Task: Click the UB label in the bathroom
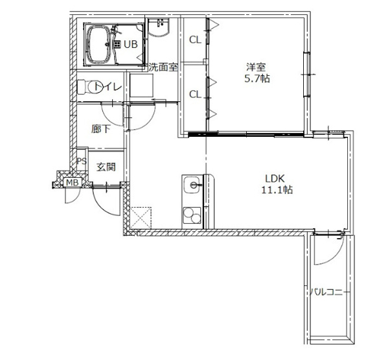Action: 131,44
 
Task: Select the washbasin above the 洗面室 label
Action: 159,27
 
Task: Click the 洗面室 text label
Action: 163,67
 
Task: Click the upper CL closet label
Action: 195,40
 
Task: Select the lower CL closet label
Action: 195,94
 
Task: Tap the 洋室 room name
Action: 256,67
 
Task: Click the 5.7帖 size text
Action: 257,79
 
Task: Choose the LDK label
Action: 275,178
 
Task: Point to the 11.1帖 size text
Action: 277,190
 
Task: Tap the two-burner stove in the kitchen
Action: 192,215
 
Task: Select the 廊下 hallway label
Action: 100,129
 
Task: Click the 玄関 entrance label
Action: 106,167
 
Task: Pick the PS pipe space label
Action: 82,161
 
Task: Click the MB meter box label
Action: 72,182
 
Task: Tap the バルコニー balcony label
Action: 327,291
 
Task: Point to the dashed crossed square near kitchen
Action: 141,218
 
